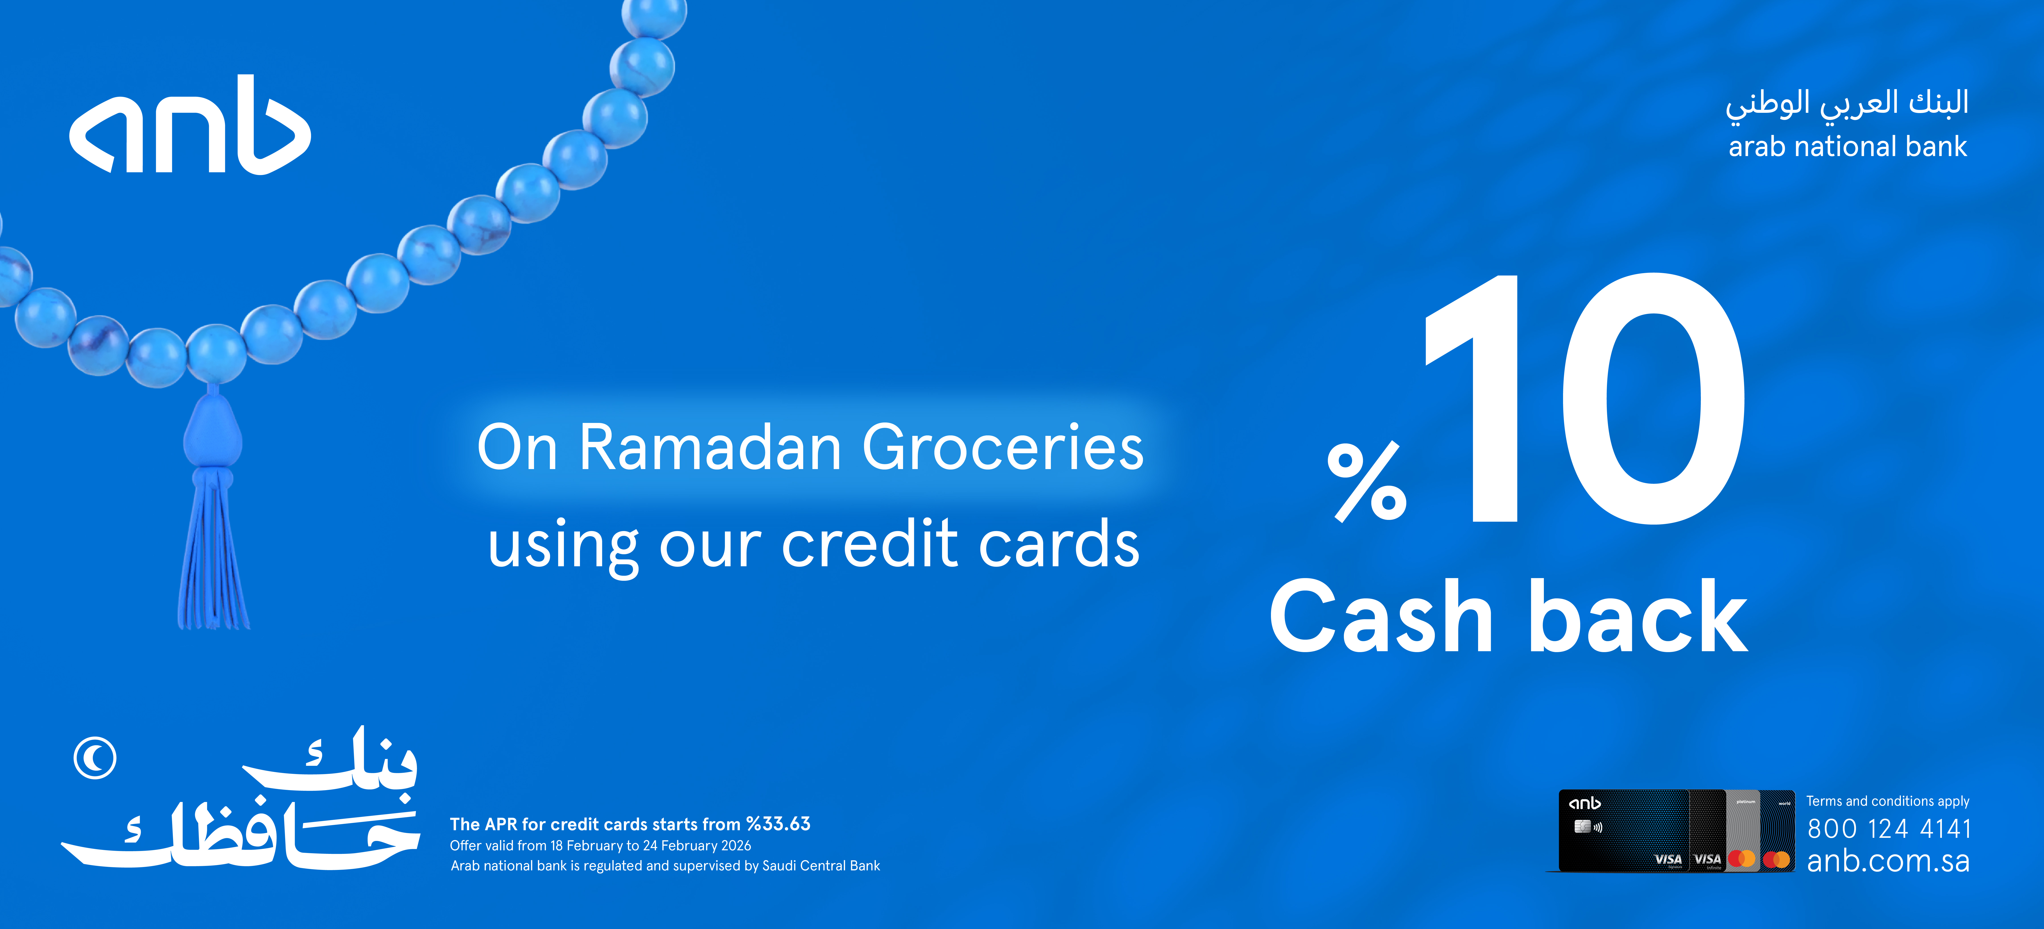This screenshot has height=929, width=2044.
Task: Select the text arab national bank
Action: click(x=1847, y=147)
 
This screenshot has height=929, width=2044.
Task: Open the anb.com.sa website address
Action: click(x=1889, y=862)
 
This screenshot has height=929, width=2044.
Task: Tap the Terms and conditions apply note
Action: click(x=1888, y=801)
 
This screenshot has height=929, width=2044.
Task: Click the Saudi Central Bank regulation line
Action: click(x=665, y=865)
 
